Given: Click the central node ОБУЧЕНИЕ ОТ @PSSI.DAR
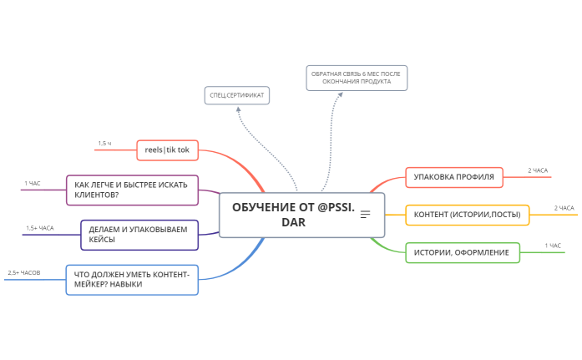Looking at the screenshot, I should click(292, 215).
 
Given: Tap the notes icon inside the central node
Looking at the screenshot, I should click(365, 215).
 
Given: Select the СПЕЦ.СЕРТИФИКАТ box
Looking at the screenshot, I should click(237, 95).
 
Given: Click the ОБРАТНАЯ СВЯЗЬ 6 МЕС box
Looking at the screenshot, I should click(356, 78).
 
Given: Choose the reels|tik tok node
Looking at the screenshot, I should click(167, 150).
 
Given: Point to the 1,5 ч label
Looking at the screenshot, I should click(104, 144).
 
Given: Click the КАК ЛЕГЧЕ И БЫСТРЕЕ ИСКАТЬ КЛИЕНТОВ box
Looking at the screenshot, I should click(132, 190).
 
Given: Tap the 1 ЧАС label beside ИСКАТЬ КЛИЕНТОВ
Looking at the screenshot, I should click(32, 183).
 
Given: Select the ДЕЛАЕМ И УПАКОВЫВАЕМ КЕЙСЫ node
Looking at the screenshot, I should click(139, 234).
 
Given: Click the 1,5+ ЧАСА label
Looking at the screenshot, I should click(39, 228).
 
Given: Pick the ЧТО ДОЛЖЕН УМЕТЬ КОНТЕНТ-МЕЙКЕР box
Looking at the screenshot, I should click(132, 279).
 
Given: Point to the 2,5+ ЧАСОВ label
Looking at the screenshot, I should click(24, 273).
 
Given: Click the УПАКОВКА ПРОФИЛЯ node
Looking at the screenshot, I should click(454, 177).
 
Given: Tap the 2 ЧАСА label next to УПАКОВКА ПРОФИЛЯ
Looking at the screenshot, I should click(538, 170).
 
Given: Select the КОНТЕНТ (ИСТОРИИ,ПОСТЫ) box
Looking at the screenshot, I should click(467, 215).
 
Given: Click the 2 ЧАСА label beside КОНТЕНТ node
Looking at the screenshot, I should click(564, 208).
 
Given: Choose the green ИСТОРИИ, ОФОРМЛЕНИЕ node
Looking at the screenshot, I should click(462, 252).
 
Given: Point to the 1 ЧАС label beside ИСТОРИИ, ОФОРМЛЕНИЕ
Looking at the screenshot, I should click(553, 246).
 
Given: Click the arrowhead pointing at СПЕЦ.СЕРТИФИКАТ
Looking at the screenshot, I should click(238, 109).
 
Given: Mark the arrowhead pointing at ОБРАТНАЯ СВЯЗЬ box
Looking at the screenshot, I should click(340, 94).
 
